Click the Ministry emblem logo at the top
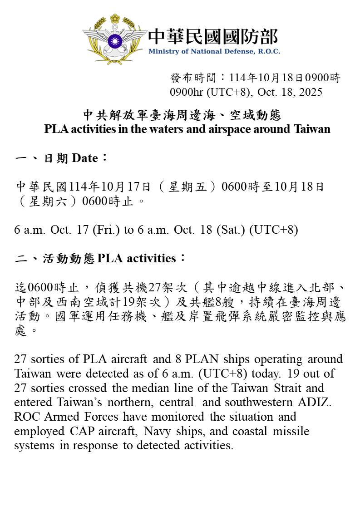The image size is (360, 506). point(115,39)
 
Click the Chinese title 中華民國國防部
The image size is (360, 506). point(212,36)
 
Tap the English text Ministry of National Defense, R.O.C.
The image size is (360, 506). point(214,51)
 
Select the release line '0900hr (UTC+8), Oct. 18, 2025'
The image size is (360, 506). point(246,92)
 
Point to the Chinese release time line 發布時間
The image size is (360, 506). point(255,78)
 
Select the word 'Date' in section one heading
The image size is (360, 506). point(84,158)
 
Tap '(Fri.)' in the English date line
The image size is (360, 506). point(107,230)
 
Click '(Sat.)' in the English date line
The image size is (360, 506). point(231,230)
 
